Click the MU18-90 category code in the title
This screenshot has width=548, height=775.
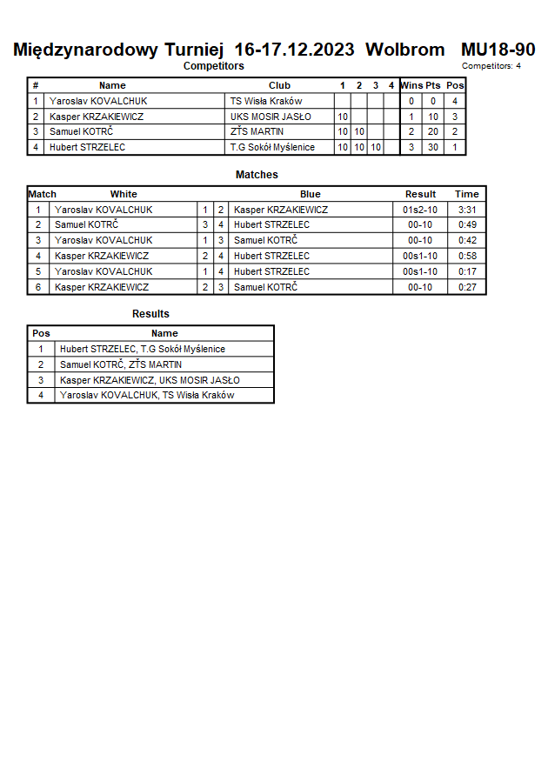pos(498,50)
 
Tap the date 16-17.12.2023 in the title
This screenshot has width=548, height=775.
pos(294,50)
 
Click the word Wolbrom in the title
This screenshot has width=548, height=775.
pos(404,50)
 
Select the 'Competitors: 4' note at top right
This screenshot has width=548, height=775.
pos(491,66)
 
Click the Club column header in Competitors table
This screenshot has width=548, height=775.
pos(279,85)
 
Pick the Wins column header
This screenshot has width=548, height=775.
pos(411,85)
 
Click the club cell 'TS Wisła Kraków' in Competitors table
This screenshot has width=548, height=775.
pos(266,101)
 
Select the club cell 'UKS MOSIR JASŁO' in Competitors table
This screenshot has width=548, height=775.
pos(271,117)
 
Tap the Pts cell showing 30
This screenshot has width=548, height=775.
pos(432,147)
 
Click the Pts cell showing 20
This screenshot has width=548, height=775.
pos(432,131)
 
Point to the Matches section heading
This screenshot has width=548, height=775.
pos(257,175)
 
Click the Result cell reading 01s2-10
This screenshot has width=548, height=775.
pos(420,210)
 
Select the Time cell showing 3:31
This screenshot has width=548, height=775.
pos(467,210)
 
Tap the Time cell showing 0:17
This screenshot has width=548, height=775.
pos(467,271)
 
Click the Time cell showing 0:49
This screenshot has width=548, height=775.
pos(467,224)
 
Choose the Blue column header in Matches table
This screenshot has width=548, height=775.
pos(310,194)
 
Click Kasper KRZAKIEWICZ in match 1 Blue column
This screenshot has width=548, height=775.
pos(280,210)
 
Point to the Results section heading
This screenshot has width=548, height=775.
pos(150,314)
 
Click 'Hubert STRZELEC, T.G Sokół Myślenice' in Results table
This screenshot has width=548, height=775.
pos(142,349)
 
